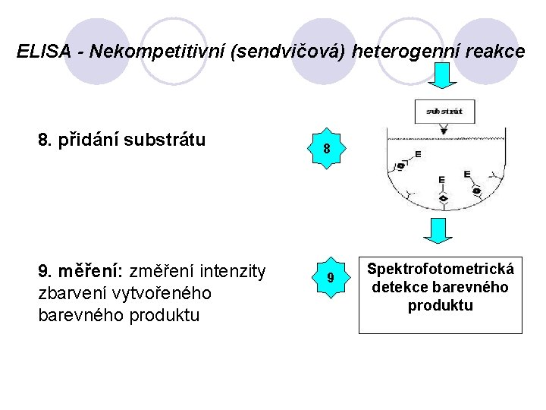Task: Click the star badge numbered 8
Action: pyautogui.click(x=326, y=149)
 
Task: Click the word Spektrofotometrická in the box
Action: pyautogui.click(x=441, y=269)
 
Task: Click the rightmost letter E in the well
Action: pyautogui.click(x=466, y=175)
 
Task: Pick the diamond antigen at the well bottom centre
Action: pyautogui.click(x=444, y=199)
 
